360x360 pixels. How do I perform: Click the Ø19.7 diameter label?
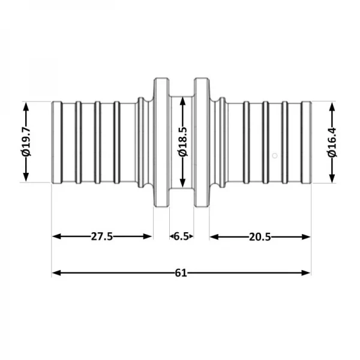[x=26, y=142]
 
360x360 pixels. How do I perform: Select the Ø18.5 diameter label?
[x=182, y=142]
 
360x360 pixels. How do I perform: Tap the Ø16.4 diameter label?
[x=331, y=143]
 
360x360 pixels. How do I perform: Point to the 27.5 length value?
[x=102, y=236]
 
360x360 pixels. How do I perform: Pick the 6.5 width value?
[x=181, y=236]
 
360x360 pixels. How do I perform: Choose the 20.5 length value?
[x=260, y=236]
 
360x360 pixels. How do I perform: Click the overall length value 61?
[x=181, y=273]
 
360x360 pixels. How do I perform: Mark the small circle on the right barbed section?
[x=274, y=156]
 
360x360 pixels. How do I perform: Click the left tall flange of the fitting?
[x=161, y=142]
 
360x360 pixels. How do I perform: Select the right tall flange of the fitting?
[x=200, y=142]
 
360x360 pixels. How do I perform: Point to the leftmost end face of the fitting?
[x=53, y=142]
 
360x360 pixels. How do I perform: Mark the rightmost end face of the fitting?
[x=310, y=142]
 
